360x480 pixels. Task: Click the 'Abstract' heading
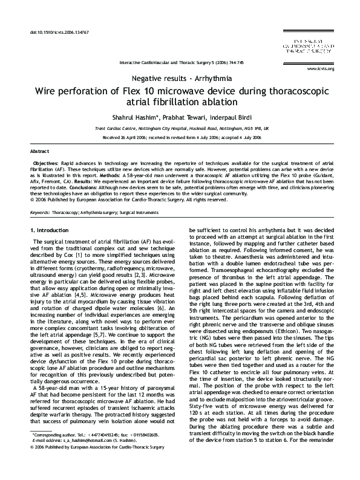40,150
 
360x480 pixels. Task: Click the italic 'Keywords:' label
40,213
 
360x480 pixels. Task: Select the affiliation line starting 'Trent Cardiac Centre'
182,129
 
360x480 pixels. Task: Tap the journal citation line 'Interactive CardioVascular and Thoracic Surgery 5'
182,62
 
